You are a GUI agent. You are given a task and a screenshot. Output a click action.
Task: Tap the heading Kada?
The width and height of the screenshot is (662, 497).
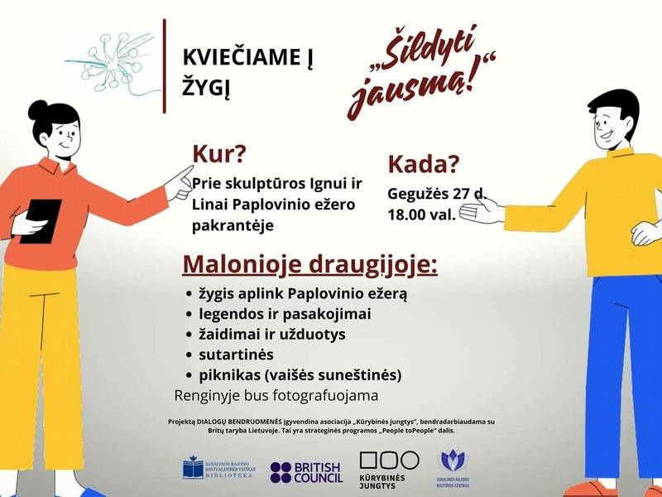click(423, 164)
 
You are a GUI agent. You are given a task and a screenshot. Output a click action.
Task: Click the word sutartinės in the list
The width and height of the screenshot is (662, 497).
click(233, 355)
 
